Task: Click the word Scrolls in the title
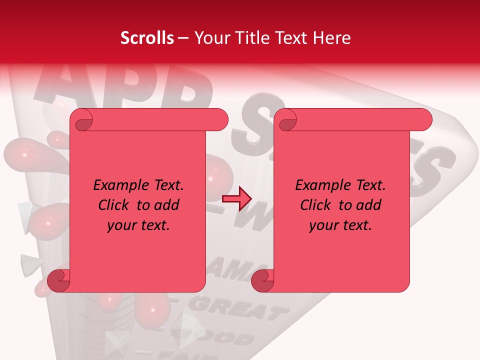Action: click(x=147, y=38)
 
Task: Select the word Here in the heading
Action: click(x=332, y=38)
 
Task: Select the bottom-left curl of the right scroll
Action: click(x=263, y=281)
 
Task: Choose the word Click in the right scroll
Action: click(x=315, y=205)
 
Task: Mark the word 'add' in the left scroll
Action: click(x=167, y=205)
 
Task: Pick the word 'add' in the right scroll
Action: click(x=369, y=205)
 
